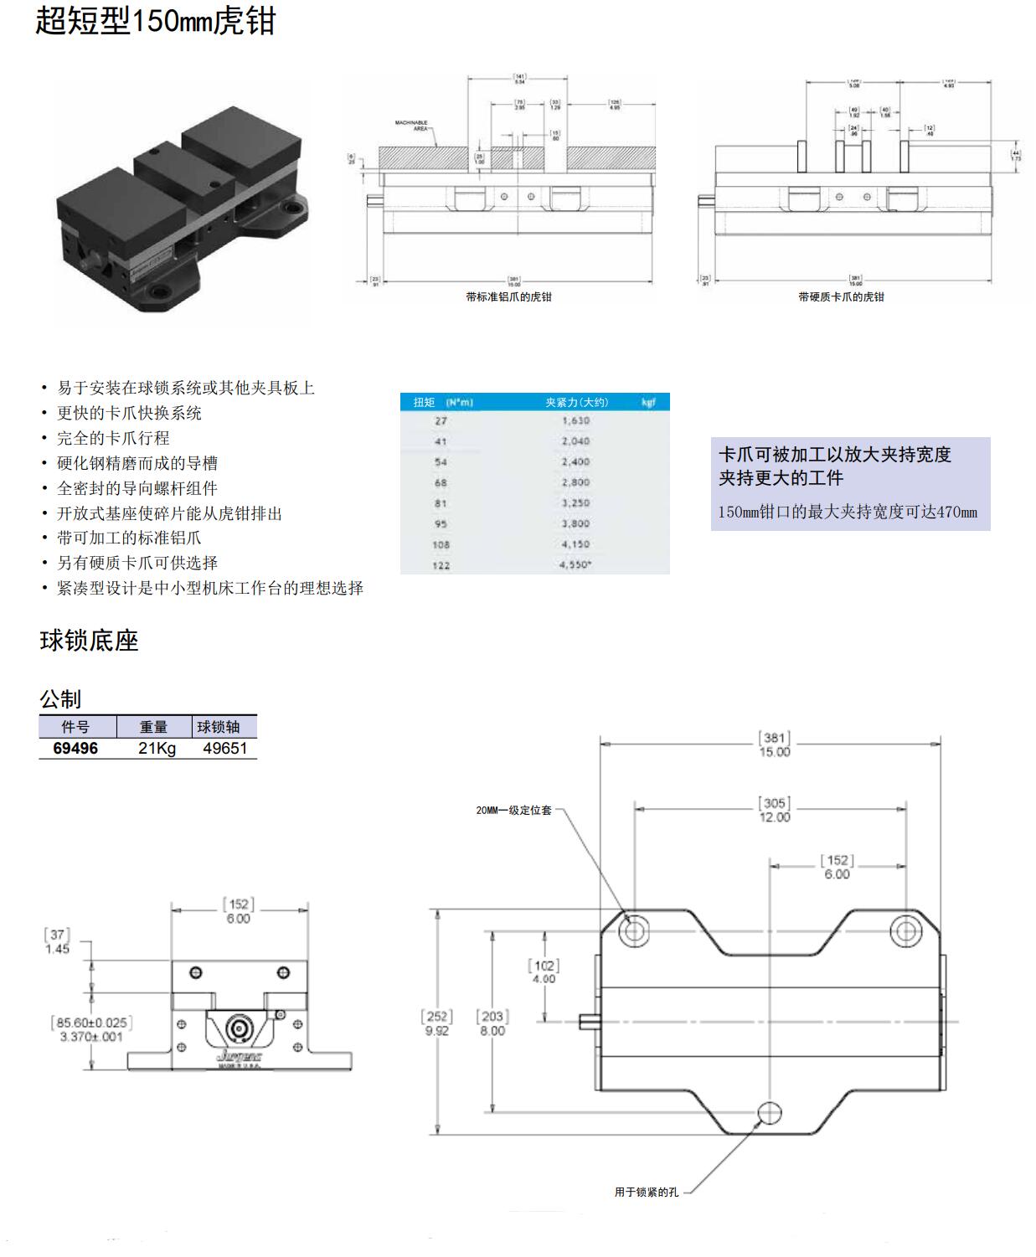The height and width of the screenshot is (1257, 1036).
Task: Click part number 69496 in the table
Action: (75, 748)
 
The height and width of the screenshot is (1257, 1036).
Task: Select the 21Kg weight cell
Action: (157, 748)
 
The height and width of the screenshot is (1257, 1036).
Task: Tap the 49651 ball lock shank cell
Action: (224, 748)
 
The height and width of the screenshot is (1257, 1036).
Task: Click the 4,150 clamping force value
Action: (575, 544)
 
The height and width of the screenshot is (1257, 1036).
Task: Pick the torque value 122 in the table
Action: (441, 565)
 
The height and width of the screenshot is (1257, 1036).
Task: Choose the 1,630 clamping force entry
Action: (575, 420)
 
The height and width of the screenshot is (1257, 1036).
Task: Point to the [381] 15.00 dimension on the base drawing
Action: (774, 744)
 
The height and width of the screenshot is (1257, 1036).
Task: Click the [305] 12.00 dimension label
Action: (774, 810)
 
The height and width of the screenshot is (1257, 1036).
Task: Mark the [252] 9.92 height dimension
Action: (436, 1023)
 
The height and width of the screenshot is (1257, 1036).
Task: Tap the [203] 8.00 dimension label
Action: (492, 1023)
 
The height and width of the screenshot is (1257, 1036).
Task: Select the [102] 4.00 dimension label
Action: (544, 971)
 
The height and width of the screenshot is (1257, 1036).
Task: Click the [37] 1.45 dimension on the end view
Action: (57, 941)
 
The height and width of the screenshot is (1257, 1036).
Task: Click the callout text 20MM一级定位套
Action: (513, 811)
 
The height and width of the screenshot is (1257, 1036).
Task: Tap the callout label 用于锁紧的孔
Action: (646, 1192)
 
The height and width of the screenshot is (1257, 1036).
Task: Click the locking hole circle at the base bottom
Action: (770, 1113)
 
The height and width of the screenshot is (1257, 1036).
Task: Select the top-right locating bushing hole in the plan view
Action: (905, 930)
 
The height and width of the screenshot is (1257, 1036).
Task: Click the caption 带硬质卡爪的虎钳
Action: (841, 296)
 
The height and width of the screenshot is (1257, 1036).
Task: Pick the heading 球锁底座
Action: (89, 641)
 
